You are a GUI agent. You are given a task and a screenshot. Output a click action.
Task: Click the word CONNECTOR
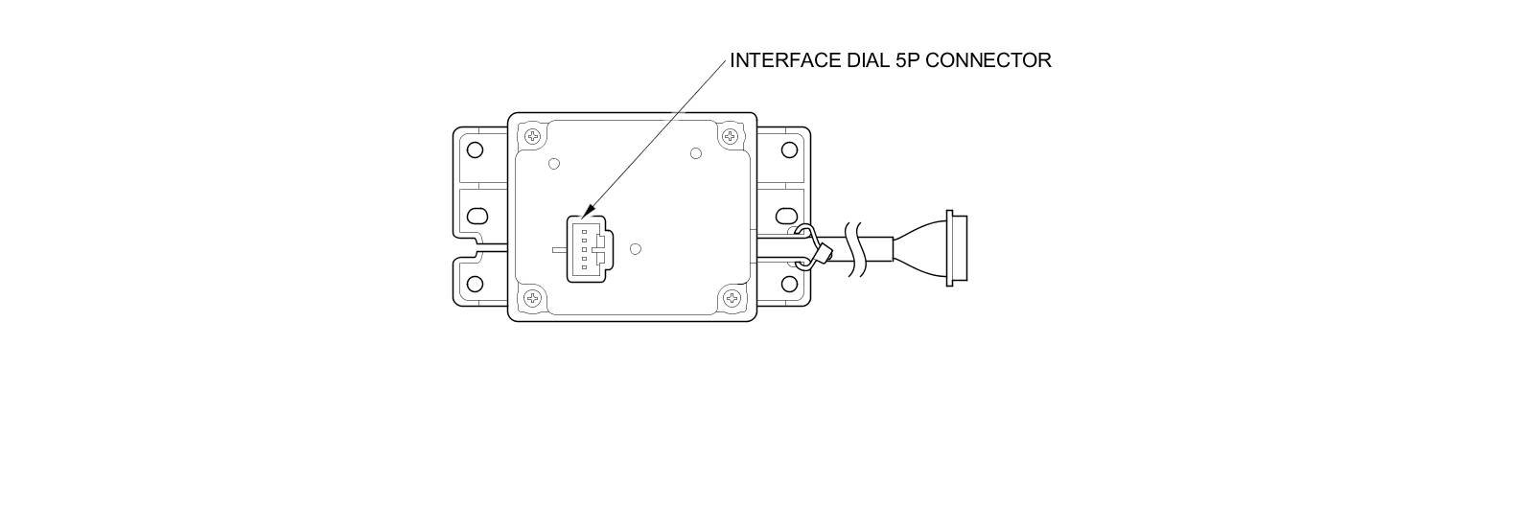point(989,60)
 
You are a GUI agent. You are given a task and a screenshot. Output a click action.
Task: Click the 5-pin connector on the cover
point(586,248)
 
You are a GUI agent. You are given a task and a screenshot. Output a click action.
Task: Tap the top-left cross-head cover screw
point(533,136)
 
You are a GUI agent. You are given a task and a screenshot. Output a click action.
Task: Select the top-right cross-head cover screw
point(731,136)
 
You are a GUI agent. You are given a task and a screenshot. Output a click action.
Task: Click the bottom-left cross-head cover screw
point(533,299)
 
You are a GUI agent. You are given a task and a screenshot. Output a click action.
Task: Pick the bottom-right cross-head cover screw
point(732,299)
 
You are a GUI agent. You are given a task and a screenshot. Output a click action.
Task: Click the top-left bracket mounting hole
point(475,149)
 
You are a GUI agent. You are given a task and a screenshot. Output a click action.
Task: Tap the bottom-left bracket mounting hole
point(475,284)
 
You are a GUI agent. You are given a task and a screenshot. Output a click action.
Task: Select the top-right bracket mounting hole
point(789,149)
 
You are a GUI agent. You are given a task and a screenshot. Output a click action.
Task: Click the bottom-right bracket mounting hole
point(789,284)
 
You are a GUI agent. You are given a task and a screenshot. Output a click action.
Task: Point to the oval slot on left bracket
point(476,216)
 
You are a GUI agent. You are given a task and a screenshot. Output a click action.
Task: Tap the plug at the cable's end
point(956,248)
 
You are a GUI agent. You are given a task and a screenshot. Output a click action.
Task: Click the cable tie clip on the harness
point(811,247)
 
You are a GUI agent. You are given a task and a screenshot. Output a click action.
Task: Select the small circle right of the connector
point(635,249)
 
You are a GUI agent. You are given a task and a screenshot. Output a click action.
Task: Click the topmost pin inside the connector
point(584,232)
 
